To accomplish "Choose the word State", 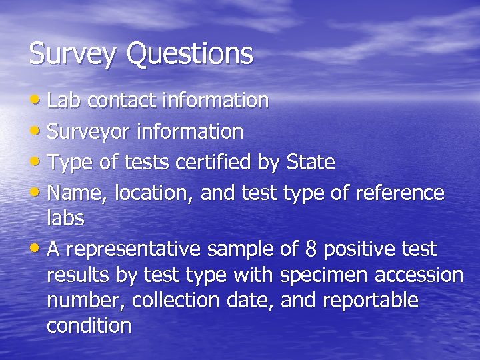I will pos(310,162).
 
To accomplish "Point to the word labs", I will pos(65,218).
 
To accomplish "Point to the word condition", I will pos(89,325).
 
